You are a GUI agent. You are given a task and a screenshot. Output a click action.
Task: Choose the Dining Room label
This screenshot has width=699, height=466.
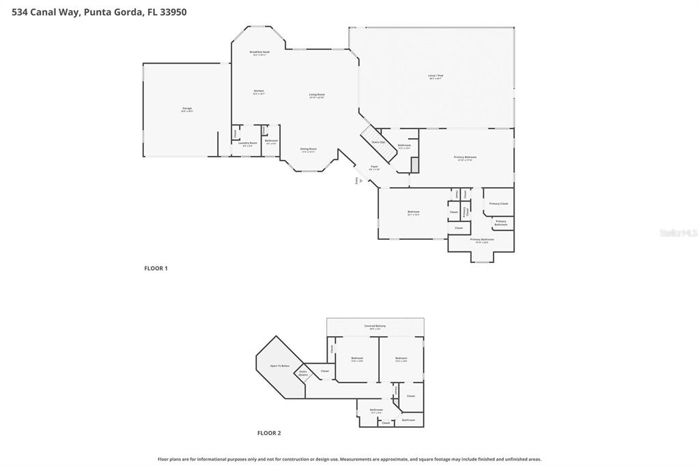(x=309, y=150)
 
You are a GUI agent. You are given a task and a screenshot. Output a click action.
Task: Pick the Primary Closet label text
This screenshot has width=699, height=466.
(x=498, y=204)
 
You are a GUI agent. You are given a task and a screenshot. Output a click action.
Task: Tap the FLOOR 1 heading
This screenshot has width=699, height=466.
(x=156, y=269)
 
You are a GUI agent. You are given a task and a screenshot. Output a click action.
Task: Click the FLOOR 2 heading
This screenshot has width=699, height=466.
(x=269, y=433)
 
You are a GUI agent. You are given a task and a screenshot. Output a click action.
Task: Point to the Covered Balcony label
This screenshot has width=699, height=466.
(x=375, y=327)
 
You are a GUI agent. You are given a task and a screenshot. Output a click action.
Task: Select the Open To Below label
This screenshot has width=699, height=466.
(x=280, y=366)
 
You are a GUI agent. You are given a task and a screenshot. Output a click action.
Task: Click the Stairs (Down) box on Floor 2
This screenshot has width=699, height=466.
(x=303, y=373)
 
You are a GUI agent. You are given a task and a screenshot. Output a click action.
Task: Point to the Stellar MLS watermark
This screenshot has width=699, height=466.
(x=677, y=233)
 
